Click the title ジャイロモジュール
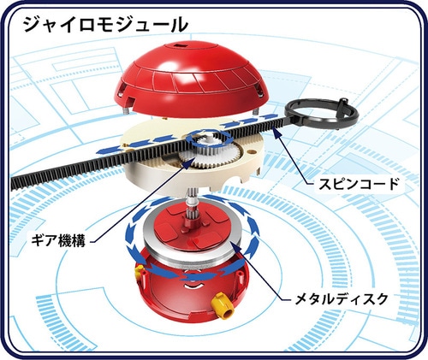pyautogui.click(x=106, y=24)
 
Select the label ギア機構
pyautogui.click(x=58, y=241)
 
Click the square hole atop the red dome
pyautogui.click(x=180, y=45)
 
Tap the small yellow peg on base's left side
pyautogui.click(x=139, y=269)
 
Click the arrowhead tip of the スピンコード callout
pyautogui.click(x=273, y=128)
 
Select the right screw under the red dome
pyautogui.click(x=255, y=111)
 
